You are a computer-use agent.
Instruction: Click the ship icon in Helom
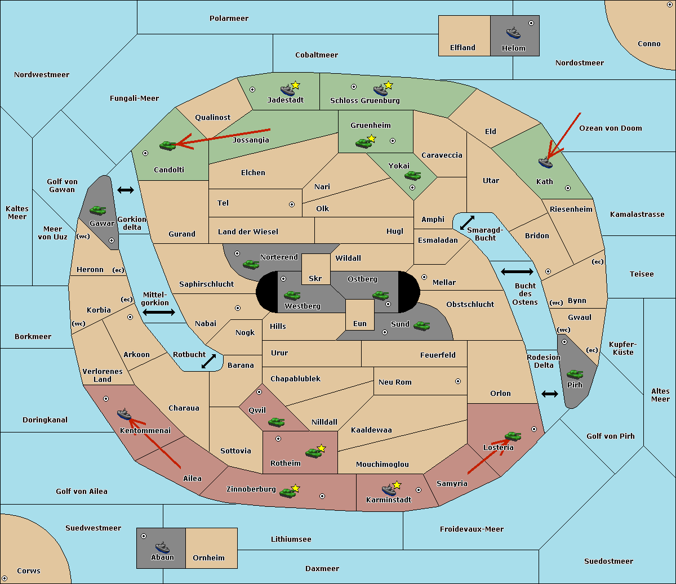[x=513, y=33]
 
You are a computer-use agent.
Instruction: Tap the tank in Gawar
[x=98, y=210]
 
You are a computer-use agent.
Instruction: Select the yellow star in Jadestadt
[x=295, y=85]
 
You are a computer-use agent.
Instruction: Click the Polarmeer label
[x=229, y=19]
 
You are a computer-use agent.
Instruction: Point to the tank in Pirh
[x=575, y=374]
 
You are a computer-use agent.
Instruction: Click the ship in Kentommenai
[x=124, y=414]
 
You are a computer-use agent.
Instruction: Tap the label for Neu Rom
[x=395, y=382]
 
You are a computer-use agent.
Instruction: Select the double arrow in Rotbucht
[x=209, y=361]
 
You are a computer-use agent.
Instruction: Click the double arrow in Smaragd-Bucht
[x=467, y=222]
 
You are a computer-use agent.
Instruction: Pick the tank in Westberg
[x=292, y=295]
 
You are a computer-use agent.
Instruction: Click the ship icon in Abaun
[x=162, y=547]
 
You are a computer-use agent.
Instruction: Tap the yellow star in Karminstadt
[x=397, y=484]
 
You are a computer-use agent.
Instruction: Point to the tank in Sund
[x=421, y=326]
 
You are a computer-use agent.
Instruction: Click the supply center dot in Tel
[x=292, y=204]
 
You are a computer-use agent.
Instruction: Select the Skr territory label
[x=315, y=278]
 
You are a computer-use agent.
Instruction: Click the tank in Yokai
[x=412, y=176]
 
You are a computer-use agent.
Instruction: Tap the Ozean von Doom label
[x=611, y=128]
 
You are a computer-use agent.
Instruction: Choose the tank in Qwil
[x=277, y=422]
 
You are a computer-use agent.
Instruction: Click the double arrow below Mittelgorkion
[x=159, y=312]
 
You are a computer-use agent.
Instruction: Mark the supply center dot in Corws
[x=5, y=578]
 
